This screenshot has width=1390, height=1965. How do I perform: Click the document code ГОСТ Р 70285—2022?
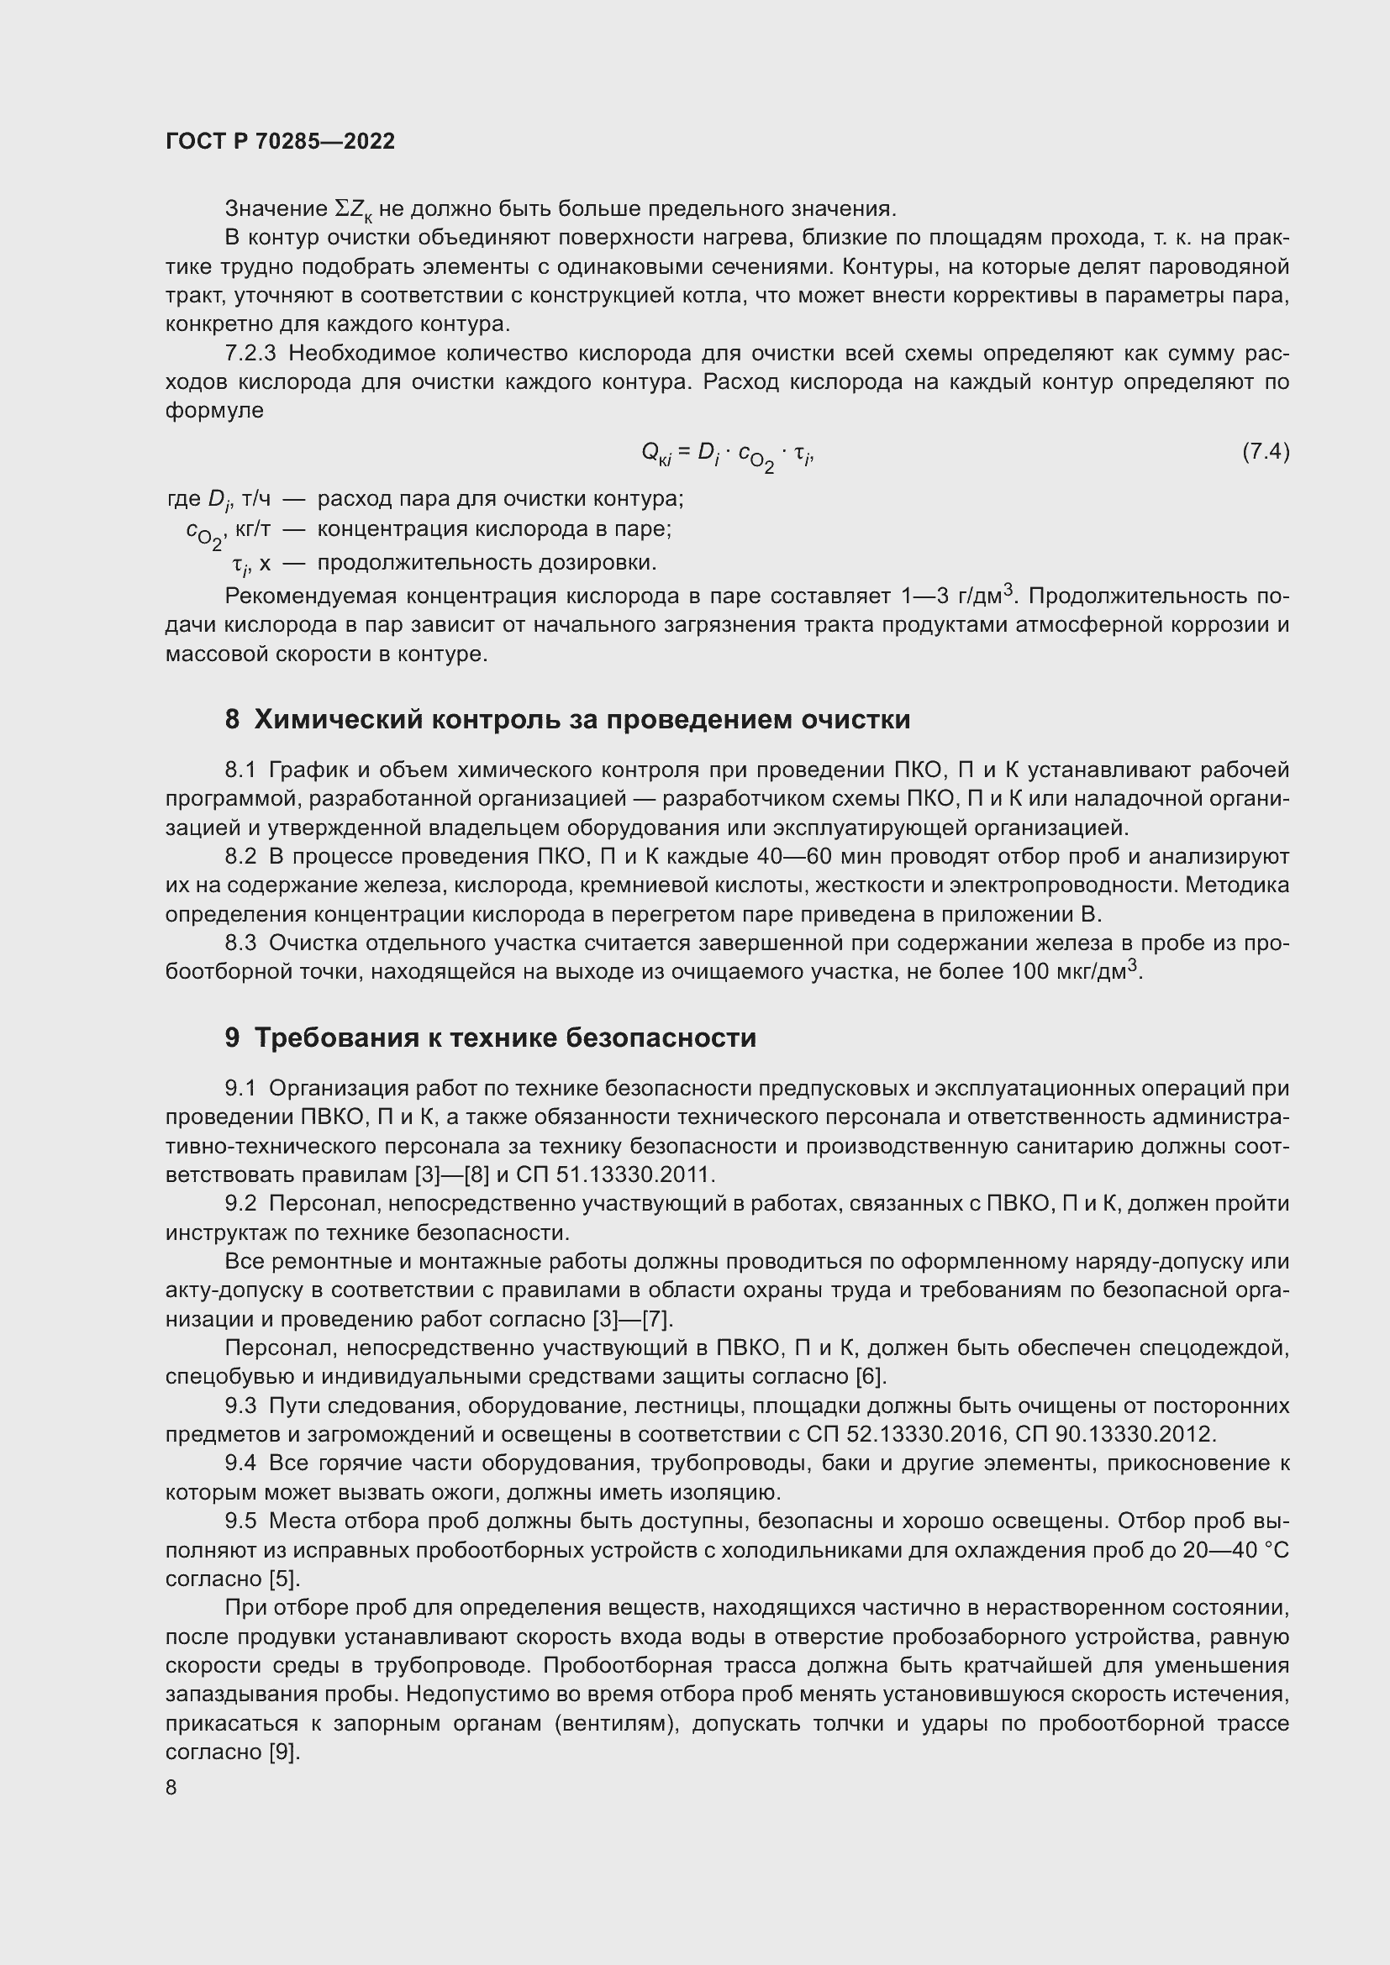pyautogui.click(x=280, y=142)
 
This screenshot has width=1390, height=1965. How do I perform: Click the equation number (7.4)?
pyautogui.click(x=1265, y=451)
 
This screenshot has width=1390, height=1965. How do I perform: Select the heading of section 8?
pyautogui.click(x=567, y=720)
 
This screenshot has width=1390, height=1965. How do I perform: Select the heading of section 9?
pyautogui.click(x=491, y=1038)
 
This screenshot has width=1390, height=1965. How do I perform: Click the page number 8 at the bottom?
pyautogui.click(x=171, y=1788)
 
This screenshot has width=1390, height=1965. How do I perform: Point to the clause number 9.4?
pyautogui.click(x=240, y=1463)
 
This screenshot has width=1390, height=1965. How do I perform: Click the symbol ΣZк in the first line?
pyautogui.click(x=352, y=209)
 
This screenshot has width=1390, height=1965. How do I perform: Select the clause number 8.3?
pyautogui.click(x=240, y=943)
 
